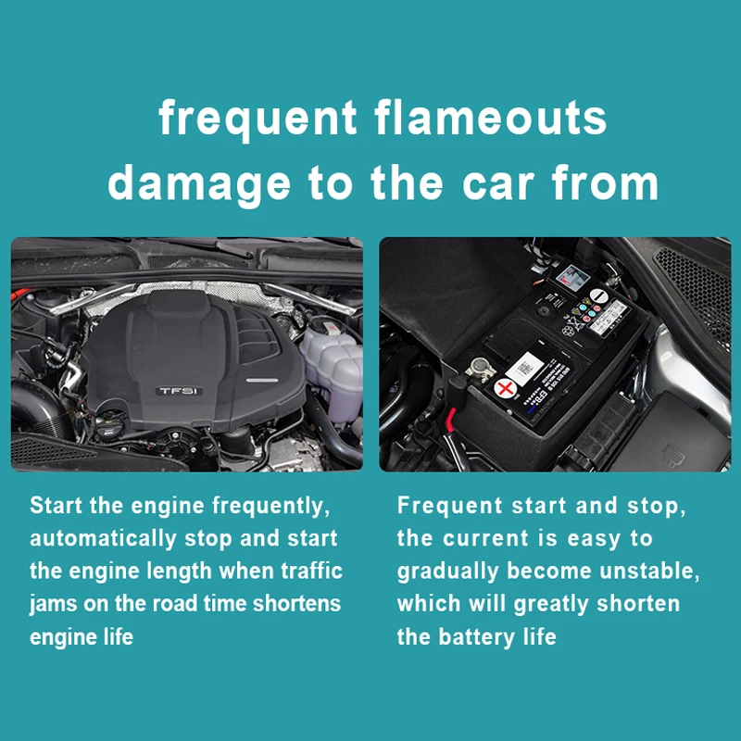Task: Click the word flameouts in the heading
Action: click(491, 118)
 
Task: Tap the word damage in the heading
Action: click(199, 184)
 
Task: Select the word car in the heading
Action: click(498, 183)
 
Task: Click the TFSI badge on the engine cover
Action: click(179, 391)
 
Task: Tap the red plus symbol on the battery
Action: click(505, 389)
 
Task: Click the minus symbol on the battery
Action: click(598, 295)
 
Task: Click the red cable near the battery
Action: click(450, 420)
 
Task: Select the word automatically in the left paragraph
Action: click(104, 539)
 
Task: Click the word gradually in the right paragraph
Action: click(447, 571)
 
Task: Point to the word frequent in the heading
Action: click(257, 119)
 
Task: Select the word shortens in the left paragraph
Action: click(296, 604)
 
